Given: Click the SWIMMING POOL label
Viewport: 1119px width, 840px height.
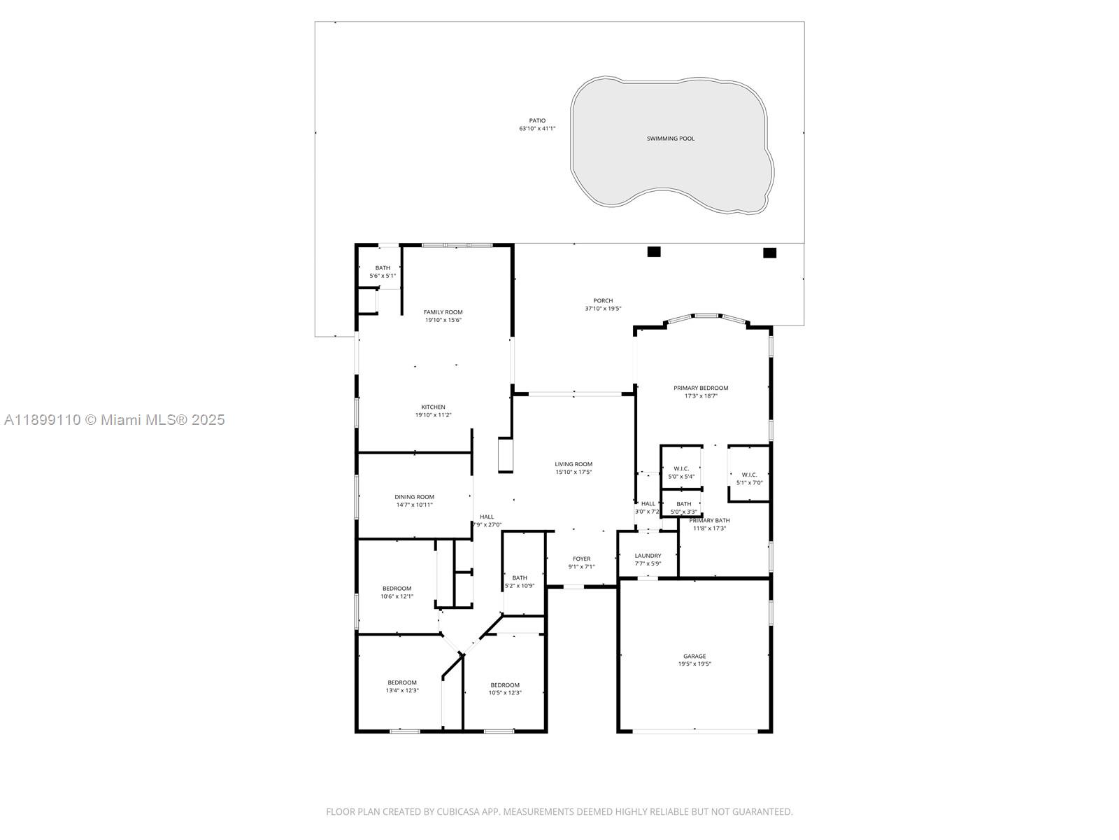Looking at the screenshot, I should pos(670,139).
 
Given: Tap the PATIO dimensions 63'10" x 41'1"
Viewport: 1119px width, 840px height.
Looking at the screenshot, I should pos(536,129).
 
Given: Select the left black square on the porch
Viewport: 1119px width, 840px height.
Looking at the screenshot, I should pos(654,252).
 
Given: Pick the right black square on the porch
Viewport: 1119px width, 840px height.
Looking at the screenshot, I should pos(769,253).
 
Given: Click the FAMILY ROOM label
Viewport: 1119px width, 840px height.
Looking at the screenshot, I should pos(443,312).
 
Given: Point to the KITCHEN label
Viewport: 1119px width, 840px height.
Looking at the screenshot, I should pos(433,407).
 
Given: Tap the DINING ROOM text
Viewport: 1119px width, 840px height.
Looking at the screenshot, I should pos(414,497).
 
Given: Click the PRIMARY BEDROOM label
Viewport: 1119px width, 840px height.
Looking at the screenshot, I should pos(701,388).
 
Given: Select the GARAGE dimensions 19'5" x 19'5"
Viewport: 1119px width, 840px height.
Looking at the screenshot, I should pos(694,664).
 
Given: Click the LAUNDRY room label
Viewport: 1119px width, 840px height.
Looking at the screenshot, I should pos(648,556).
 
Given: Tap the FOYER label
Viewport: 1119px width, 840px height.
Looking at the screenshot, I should pos(581,559).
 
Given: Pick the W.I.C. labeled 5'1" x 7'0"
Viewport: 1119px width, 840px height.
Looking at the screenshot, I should pos(749,478).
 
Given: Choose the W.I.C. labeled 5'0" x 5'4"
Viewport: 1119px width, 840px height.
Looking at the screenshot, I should pos(681,472).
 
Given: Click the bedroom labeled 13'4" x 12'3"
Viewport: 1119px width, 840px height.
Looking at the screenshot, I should pos(402,686).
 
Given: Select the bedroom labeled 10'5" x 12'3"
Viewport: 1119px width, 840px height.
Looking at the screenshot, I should pos(505,689).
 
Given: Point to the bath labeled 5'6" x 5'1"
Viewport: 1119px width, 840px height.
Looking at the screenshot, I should pos(383,272).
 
